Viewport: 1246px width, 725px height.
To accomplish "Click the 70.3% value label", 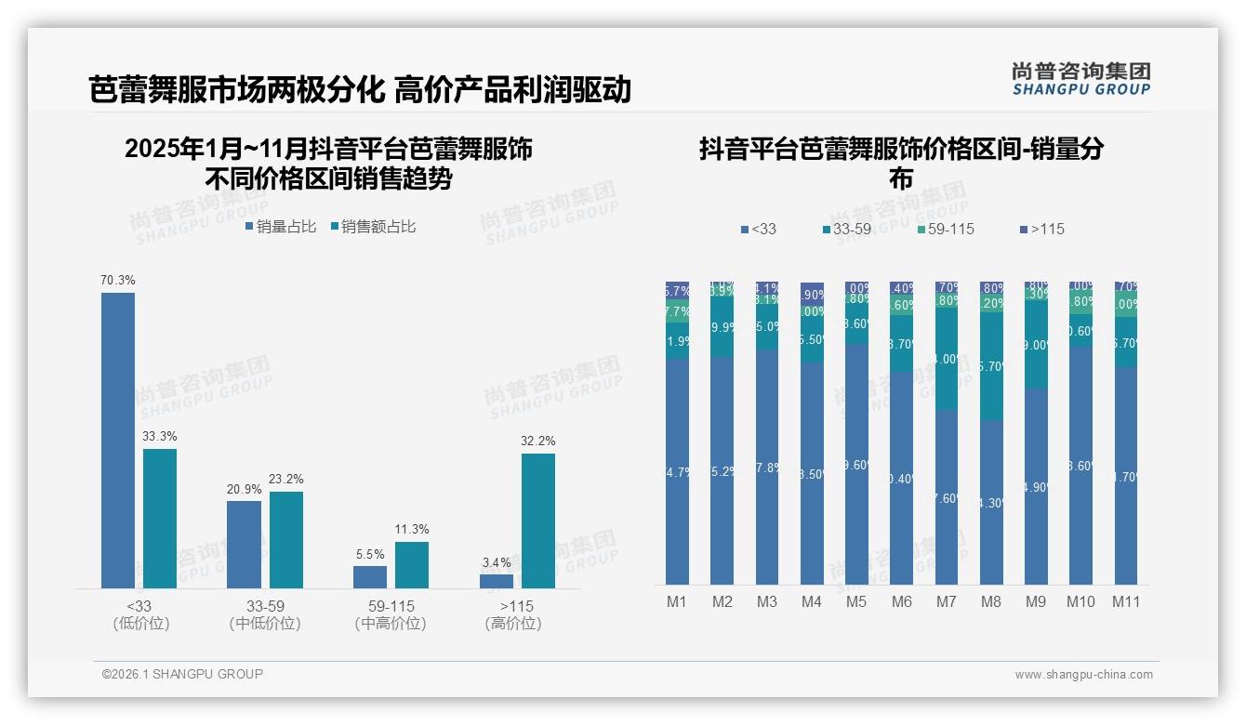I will pyautogui.click(x=118, y=280).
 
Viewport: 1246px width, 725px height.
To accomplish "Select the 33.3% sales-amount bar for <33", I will pyautogui.click(x=160, y=518).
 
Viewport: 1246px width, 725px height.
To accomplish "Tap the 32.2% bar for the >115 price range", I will pyautogui.click(x=538, y=521).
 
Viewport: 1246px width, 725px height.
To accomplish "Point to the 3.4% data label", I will pyautogui.click(x=497, y=562).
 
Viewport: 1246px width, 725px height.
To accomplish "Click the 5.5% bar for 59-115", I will pyautogui.click(x=370, y=577).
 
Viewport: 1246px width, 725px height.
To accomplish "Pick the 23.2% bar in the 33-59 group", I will pyautogui.click(x=286, y=539).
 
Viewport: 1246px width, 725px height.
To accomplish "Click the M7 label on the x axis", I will pyautogui.click(x=946, y=601).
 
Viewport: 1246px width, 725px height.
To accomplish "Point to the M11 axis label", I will pyautogui.click(x=1126, y=601).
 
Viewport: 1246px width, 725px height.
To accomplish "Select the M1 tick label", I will pyautogui.click(x=677, y=601).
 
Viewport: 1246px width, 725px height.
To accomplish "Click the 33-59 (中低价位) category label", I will pyautogui.click(x=265, y=614).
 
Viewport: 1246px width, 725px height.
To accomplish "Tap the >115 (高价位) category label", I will pyautogui.click(x=513, y=614).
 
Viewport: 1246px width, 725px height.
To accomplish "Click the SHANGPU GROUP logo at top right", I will pyautogui.click(x=1081, y=79).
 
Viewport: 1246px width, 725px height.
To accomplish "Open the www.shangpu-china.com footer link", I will pyautogui.click(x=1083, y=674).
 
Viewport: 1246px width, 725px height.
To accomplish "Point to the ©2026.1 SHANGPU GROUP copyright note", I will pyautogui.click(x=182, y=674).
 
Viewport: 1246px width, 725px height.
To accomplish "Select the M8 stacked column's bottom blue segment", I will pyautogui.click(x=991, y=502).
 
